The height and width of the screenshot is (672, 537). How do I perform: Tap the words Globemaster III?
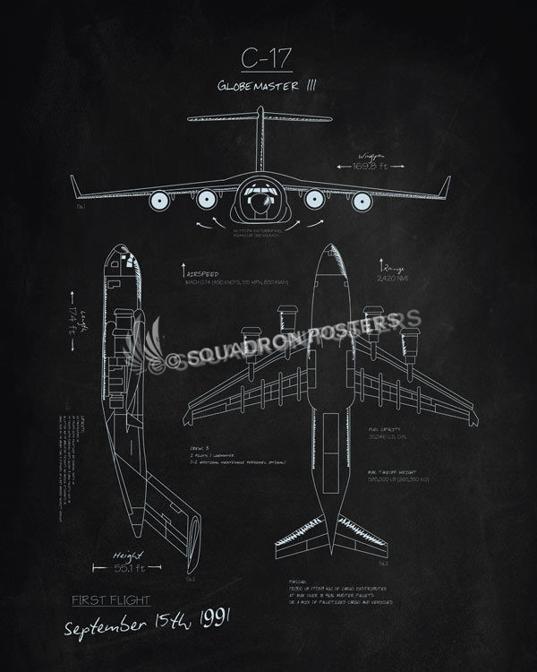[268, 87]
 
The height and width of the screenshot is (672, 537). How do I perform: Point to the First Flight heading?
[111, 600]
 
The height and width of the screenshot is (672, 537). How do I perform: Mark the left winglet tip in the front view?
[73, 179]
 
